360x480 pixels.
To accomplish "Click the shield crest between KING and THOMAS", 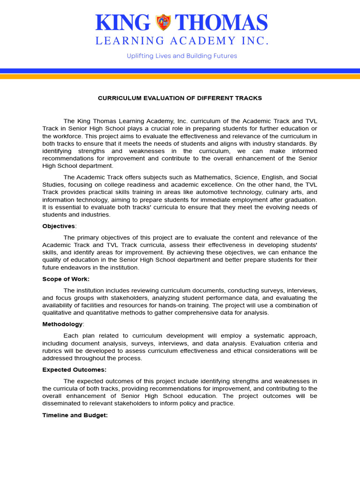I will coord(164,22).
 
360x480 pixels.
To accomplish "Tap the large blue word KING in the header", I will coord(123,22).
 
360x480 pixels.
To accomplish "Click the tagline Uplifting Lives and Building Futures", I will coord(182,56).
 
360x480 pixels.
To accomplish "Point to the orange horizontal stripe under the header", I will coord(180,76).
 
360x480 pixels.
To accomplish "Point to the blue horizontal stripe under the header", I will coord(180,71).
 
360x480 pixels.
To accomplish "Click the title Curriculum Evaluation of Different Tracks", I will coord(180,98).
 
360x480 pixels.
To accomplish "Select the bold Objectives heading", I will coord(59,226).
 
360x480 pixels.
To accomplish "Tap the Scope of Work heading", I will coord(65,279).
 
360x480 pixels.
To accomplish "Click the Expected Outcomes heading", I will coord(74,370).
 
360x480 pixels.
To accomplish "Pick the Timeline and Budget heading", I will coord(75,415).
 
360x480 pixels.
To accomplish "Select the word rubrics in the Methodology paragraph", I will coord(52,351).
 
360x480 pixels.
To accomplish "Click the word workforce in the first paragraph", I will coord(67,136).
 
